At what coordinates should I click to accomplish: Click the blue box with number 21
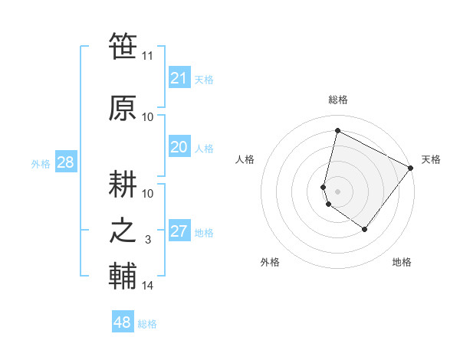coord(179,78)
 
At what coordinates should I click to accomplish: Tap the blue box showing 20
coord(179,147)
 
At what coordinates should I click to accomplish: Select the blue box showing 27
coord(179,231)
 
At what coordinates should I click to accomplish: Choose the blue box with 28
coord(65,162)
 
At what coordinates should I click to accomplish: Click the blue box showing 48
coord(123,322)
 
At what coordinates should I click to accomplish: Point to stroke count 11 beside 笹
coord(148,56)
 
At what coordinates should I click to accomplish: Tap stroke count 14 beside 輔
coord(148,286)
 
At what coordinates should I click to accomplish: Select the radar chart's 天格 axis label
coord(431,159)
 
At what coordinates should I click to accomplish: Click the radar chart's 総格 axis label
coord(337,100)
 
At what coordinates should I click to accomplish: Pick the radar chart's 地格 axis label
coord(402,262)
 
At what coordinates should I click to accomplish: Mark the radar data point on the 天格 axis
coord(410,168)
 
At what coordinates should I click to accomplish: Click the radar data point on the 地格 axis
coord(365,229)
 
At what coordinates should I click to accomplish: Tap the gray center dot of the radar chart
coord(337,191)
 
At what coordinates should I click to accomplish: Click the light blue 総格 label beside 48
coord(147,324)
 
